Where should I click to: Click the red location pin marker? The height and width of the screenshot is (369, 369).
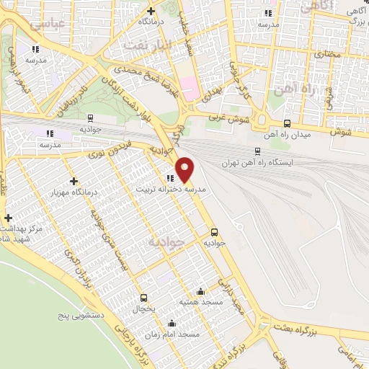185,169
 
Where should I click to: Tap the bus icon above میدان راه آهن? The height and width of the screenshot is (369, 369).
288,123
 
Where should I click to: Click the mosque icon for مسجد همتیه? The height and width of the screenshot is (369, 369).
200,292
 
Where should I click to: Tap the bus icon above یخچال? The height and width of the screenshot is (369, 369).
143,298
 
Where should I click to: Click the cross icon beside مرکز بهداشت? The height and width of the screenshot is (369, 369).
8,218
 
